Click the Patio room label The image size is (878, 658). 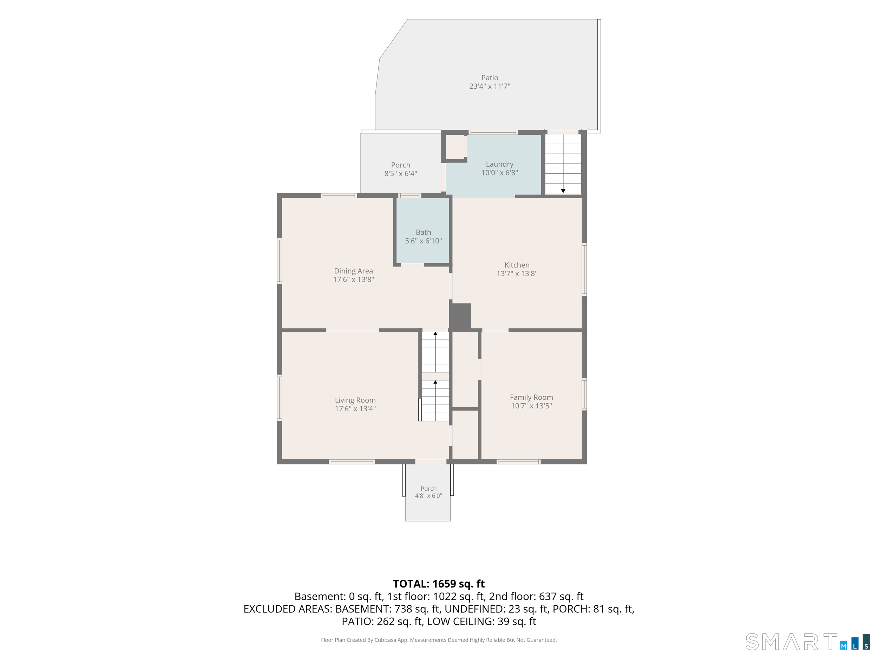tap(490, 78)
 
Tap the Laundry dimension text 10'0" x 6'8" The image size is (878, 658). tap(499, 173)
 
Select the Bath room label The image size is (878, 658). tap(423, 232)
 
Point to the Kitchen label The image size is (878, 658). tap(517, 265)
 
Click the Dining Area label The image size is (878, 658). tap(353, 271)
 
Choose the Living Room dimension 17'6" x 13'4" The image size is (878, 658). tap(355, 408)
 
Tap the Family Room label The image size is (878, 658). tap(531, 397)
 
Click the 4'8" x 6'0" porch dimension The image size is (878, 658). tap(428, 496)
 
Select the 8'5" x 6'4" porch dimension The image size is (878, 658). tap(400, 173)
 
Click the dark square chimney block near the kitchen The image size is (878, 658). tap(460, 316)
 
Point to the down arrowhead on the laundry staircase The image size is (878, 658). tap(563, 191)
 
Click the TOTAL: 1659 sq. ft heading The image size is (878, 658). tap(439, 584)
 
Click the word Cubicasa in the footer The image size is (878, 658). tap(385, 640)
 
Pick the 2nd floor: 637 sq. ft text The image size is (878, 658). tap(536, 596)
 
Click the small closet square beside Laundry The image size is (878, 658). tap(455, 147)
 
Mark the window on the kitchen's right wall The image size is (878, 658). tap(584, 269)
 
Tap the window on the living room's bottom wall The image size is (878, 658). tap(352, 462)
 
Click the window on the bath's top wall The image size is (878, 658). tap(409, 195)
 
